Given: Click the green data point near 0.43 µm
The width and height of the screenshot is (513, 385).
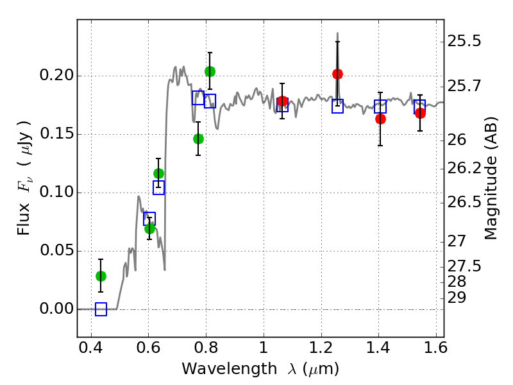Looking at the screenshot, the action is click(101, 277).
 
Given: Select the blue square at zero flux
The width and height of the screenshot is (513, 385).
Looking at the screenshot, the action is click(101, 309).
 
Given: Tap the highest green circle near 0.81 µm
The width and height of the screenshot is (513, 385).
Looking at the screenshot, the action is click(210, 71).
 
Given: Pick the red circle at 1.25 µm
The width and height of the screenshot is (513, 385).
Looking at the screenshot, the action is click(338, 74).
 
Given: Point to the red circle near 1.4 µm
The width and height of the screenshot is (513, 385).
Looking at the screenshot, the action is click(380, 119).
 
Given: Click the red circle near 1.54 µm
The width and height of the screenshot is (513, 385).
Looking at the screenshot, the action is click(421, 114).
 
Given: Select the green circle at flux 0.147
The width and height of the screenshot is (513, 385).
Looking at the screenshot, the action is click(198, 139).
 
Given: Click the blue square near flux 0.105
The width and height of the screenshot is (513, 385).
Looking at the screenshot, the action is click(158, 187).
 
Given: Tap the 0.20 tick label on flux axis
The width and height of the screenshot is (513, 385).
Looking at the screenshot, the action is click(56, 75).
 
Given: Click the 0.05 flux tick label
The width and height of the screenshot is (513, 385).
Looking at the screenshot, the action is click(56, 250).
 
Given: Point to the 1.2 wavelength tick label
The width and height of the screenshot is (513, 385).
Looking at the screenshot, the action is click(321, 348).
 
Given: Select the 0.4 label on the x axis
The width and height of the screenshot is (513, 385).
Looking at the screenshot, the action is click(91, 348).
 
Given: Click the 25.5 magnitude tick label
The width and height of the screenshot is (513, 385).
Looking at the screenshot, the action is click(464, 42).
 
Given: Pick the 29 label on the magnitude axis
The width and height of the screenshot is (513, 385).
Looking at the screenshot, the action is click(457, 298).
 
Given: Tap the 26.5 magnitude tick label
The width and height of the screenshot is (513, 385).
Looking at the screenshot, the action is click(464, 202).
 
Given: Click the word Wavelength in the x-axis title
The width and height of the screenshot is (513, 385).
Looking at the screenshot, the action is click(230, 369).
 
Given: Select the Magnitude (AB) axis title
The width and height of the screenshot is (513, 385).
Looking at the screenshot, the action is click(491, 178).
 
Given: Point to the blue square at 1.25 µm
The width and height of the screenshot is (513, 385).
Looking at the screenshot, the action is click(338, 106).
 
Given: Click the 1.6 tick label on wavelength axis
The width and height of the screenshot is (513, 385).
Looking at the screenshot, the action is click(436, 348).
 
